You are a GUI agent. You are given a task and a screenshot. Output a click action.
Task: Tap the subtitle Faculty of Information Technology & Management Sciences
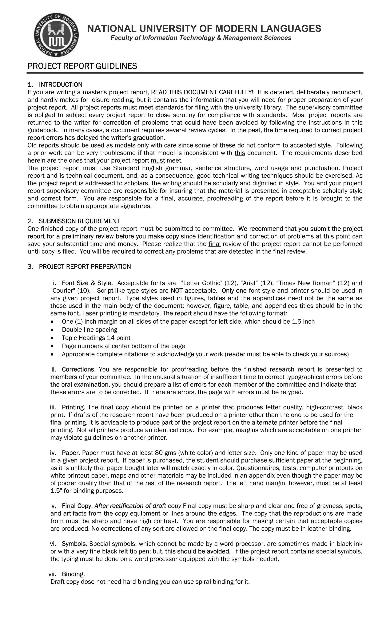pyautogui.click(x=201, y=38)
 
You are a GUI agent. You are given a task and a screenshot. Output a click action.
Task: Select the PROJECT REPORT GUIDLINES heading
pyautogui.click(x=82, y=66)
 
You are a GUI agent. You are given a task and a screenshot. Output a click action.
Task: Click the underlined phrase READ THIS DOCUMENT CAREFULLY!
pyautogui.click(x=202, y=92)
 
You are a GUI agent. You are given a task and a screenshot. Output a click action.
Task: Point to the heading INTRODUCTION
pyautogui.click(x=61, y=85)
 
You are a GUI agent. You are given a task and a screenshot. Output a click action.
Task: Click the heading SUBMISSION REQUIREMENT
pyautogui.click(x=79, y=221)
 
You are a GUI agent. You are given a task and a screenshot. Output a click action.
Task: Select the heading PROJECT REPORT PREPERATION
pyautogui.click(x=85, y=266)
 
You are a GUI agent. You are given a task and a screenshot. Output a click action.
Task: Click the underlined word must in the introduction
pyautogui.click(x=158, y=160)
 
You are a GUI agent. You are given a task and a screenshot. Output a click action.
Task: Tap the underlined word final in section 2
pyautogui.click(x=215, y=244)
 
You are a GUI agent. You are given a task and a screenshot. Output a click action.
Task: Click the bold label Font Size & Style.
pyautogui.click(x=87, y=283)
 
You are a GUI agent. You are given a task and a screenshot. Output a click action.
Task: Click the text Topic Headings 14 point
pyautogui.click(x=96, y=338)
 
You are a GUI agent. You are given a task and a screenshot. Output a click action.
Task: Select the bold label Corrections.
pyautogui.click(x=79, y=369)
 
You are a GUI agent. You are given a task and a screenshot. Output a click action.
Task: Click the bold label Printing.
pyautogui.click(x=74, y=407)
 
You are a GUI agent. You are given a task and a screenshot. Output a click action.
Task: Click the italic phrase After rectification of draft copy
pyautogui.click(x=138, y=506)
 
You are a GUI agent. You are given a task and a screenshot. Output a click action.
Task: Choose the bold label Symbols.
pyautogui.click(x=74, y=544)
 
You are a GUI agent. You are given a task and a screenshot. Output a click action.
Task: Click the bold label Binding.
pyautogui.click(x=73, y=574)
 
